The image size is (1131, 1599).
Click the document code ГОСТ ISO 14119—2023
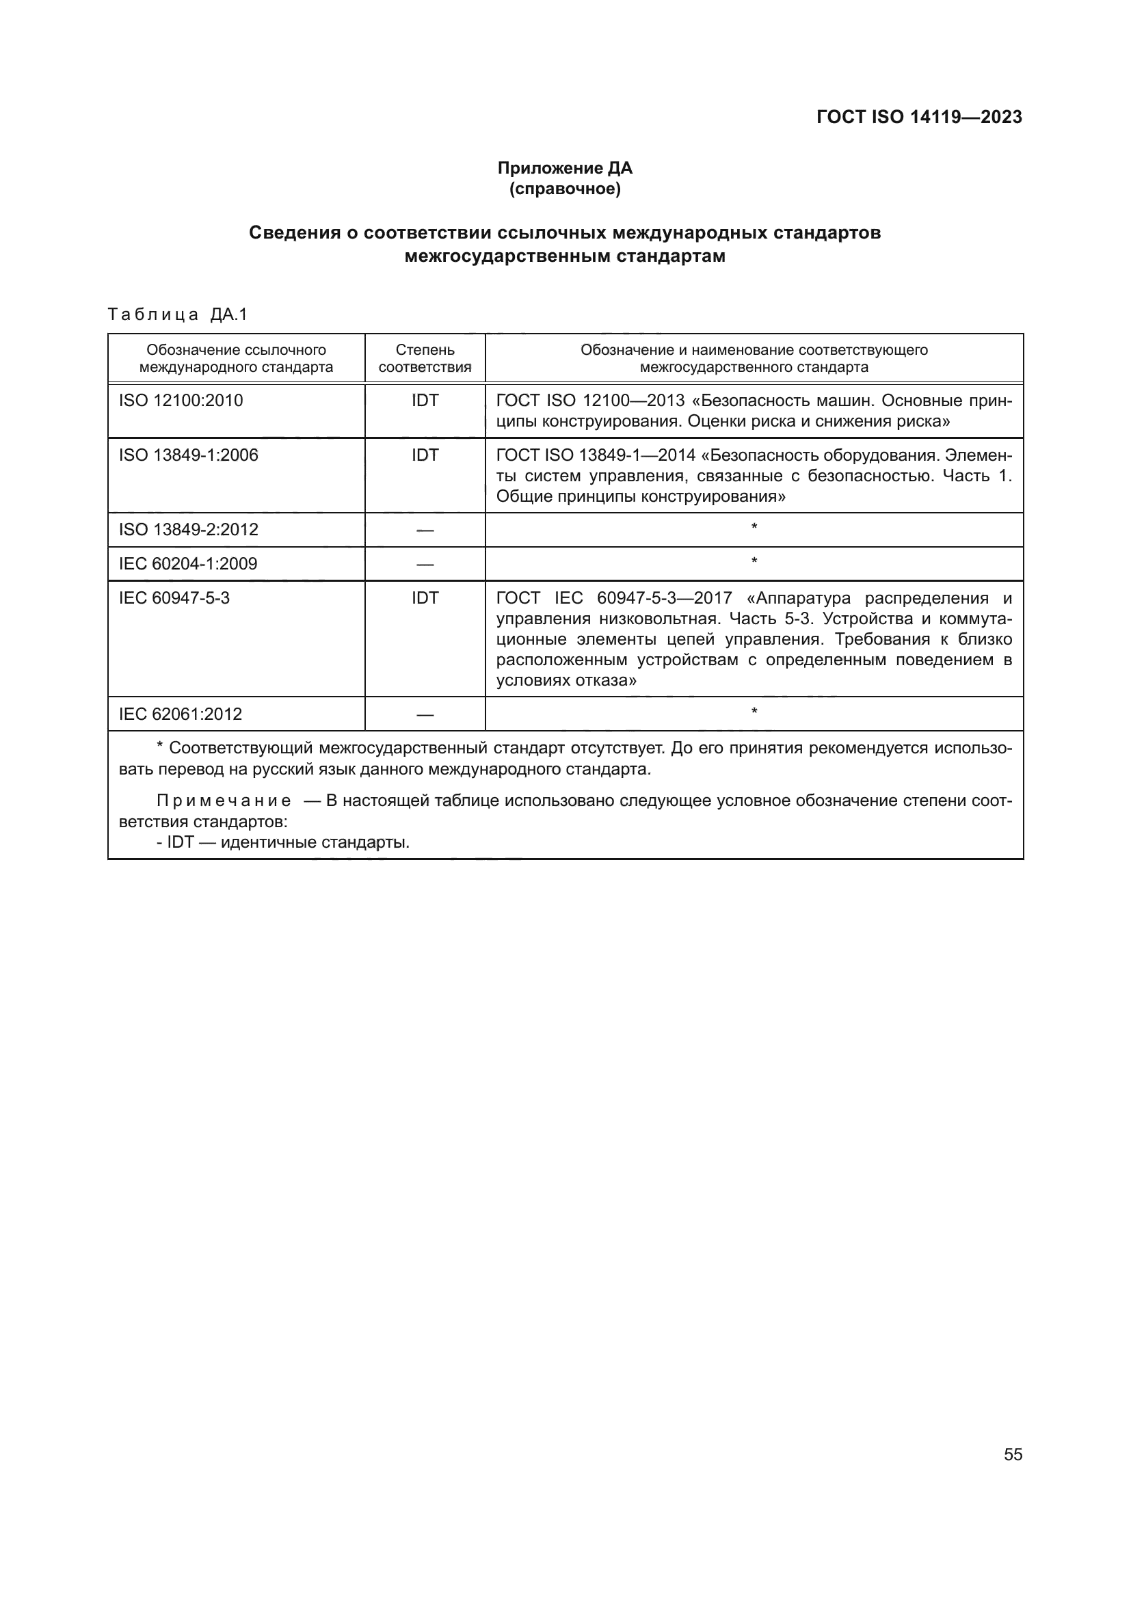pos(918,117)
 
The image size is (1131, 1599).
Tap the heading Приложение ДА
pos(565,168)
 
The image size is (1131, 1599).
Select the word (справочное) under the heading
pos(565,189)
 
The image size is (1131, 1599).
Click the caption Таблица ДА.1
pos(178,314)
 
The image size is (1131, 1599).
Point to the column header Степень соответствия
pos(425,358)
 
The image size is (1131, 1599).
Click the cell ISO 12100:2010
pos(181,401)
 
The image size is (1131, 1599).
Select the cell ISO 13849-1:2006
pos(188,455)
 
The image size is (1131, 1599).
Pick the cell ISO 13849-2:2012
pos(188,530)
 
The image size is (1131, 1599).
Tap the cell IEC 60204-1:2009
pos(188,564)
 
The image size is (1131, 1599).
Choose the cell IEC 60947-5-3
pos(174,598)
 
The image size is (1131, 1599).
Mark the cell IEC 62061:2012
pos(181,714)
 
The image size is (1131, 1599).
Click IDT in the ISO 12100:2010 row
pos(425,401)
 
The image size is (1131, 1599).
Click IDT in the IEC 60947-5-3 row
pos(425,598)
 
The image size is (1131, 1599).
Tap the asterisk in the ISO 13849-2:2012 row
pos(754,528)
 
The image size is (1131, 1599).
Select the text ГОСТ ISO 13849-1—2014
pos(596,455)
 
